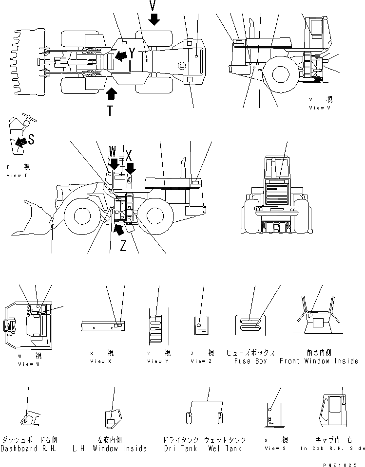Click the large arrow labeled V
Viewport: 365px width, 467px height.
pyautogui.click(x=154, y=19)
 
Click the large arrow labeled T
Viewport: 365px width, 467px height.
pyautogui.click(x=111, y=94)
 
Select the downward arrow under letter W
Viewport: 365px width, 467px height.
pyautogui.click(x=114, y=163)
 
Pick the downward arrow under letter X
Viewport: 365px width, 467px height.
pyautogui.click(x=130, y=168)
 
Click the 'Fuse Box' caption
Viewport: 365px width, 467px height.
pyautogui.click(x=250, y=361)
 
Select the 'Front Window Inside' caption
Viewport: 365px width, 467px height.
pyautogui.click(x=319, y=361)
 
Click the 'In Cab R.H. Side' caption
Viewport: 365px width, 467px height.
pyautogui.click(x=332, y=449)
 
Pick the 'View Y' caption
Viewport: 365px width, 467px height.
pyautogui.click(x=154, y=361)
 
